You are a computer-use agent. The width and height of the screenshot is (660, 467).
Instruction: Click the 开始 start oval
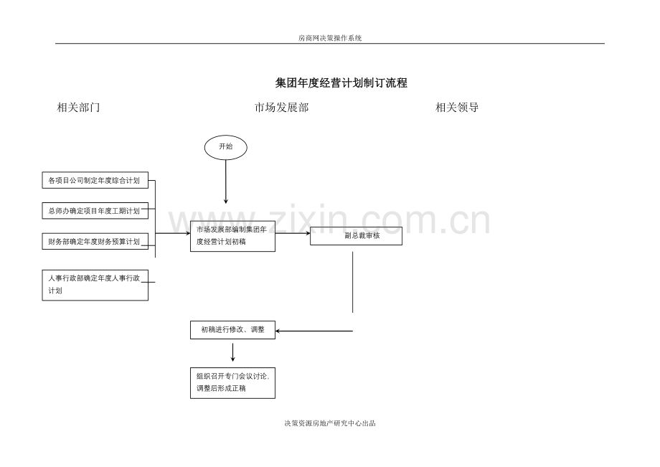pyautogui.click(x=225, y=147)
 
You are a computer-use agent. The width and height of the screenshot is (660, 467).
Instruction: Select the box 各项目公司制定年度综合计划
pyautogui.click(x=95, y=180)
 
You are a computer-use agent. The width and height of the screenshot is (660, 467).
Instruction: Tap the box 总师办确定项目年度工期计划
pyautogui.click(x=95, y=211)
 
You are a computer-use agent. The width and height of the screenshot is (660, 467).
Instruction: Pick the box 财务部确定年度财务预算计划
pyautogui.click(x=95, y=242)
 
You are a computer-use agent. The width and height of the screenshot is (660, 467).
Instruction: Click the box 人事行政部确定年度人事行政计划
pyautogui.click(x=95, y=285)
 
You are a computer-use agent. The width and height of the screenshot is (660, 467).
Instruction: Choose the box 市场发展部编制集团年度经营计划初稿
pyautogui.click(x=232, y=236)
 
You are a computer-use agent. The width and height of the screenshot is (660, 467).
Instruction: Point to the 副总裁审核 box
pyautogui.click(x=356, y=236)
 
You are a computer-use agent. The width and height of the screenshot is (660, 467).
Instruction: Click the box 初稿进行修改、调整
pyautogui.click(x=232, y=330)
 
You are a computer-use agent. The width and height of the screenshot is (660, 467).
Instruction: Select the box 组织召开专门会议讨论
pyautogui.click(x=232, y=382)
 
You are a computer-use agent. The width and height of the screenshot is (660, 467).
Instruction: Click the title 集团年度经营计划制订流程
pyautogui.click(x=341, y=83)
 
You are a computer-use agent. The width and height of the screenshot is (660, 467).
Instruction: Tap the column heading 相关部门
pyautogui.click(x=78, y=108)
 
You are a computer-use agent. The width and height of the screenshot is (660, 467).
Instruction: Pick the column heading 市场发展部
pyautogui.click(x=281, y=108)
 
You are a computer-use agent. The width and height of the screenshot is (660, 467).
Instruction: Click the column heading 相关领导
pyautogui.click(x=457, y=108)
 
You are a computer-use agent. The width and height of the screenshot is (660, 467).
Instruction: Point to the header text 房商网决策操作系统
pyautogui.click(x=330, y=38)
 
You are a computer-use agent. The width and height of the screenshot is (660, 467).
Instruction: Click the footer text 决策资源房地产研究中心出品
pyautogui.click(x=330, y=423)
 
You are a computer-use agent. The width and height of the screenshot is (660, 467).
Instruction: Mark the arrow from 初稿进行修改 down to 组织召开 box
pyautogui.click(x=232, y=352)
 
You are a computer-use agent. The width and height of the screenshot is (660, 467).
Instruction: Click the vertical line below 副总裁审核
pyautogui.click(x=352, y=281)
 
